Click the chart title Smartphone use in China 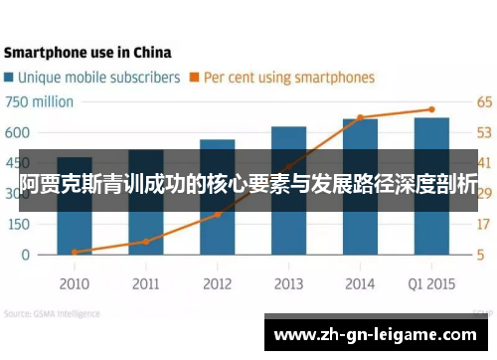click(x=86, y=52)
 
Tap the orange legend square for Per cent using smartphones click(x=196, y=77)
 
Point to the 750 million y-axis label click(x=40, y=101)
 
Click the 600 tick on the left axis click(x=18, y=132)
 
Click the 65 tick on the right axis click(x=484, y=101)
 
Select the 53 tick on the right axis click(x=484, y=132)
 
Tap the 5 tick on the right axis click(x=480, y=254)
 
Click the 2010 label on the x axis click(x=75, y=283)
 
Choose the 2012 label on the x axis click(x=217, y=283)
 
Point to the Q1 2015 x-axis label click(x=431, y=283)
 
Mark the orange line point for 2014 click(x=360, y=117)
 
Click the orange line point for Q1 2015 click(x=431, y=109)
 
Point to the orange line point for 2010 click(x=75, y=252)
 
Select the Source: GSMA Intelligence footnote click(x=52, y=313)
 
